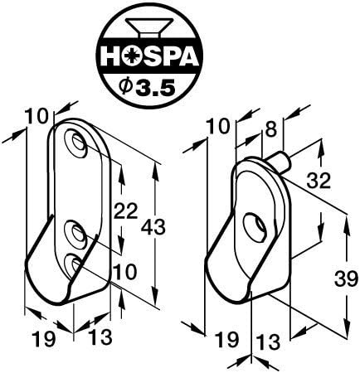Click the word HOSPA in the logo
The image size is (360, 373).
149,56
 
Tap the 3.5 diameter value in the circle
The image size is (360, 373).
156,87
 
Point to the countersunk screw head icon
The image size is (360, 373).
149,27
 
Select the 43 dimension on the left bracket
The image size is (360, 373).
153,228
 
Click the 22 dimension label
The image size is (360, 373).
125,211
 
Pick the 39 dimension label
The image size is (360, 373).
344,279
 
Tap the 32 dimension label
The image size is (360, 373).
319,181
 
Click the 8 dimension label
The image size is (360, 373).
270,129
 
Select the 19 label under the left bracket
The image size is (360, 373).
43,339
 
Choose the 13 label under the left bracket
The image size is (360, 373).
100,337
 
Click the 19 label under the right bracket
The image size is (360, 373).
226,340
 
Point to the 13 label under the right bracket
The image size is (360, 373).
268,342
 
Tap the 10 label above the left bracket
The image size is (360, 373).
36,117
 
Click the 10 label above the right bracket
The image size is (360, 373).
219,127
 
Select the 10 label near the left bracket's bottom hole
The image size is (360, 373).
125,272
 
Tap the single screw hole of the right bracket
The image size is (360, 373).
255,225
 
